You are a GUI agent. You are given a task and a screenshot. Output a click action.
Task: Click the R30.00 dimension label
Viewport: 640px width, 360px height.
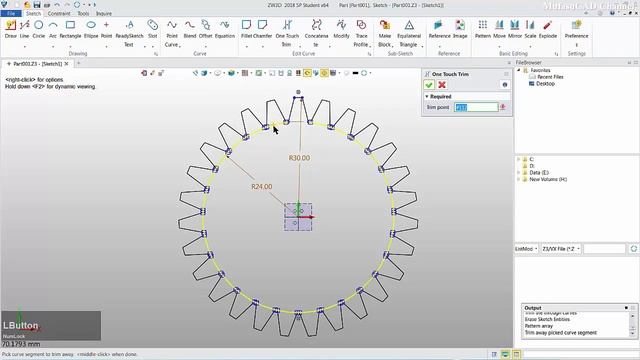(299, 158)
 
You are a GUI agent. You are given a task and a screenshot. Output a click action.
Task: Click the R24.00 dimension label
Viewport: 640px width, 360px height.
(261, 187)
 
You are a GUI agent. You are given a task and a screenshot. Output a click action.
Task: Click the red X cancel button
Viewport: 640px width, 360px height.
(443, 85)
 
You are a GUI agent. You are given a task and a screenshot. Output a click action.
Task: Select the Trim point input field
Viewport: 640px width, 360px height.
(476, 107)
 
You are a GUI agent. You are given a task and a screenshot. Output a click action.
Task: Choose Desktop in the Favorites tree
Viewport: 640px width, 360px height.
(545, 84)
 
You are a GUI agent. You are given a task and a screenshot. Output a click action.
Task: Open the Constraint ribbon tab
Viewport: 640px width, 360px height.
(59, 13)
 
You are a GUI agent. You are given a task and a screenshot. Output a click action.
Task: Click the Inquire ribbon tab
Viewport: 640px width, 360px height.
(104, 13)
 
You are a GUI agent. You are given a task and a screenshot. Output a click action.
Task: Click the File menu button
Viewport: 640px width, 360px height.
(11, 13)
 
